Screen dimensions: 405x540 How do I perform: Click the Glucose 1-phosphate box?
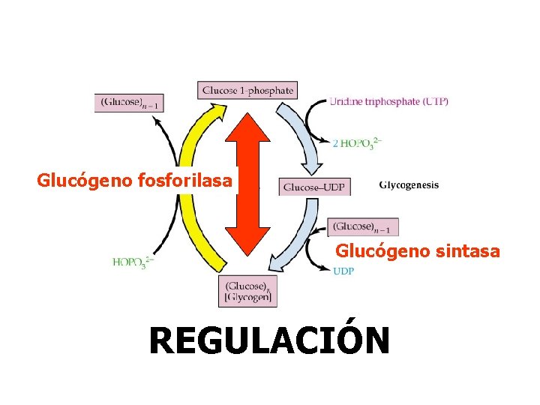pos(247,90)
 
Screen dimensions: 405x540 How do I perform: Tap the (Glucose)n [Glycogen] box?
pos(247,291)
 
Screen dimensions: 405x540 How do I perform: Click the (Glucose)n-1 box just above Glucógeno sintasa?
pos(363,226)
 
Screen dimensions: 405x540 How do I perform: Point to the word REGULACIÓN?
pos(269,340)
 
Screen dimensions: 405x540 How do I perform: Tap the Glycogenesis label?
pos(409,185)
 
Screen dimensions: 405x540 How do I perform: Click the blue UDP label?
pos(343,271)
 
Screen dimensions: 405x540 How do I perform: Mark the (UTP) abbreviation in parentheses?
pos(434,102)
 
